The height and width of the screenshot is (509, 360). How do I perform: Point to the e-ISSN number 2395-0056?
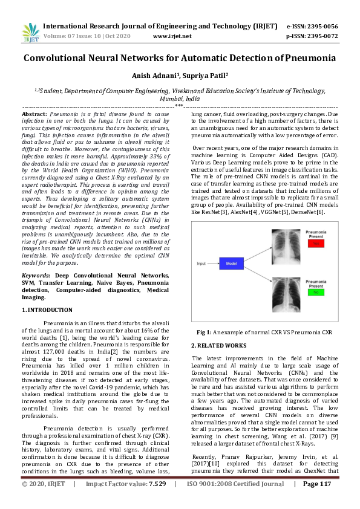click(322, 27)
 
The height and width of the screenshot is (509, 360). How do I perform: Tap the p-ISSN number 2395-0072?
click(322, 36)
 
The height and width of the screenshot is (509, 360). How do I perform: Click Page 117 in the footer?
click(318, 501)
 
